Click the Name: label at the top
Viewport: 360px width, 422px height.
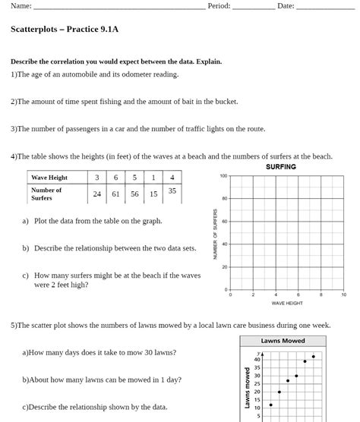click(21, 6)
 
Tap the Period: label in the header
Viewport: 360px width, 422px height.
click(219, 6)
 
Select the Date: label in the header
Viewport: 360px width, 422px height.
click(286, 6)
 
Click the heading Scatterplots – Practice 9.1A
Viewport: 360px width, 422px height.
click(65, 30)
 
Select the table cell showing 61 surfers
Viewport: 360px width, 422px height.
click(115, 194)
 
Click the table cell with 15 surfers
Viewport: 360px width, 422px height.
click(153, 194)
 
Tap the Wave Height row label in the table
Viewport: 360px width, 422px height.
click(49, 178)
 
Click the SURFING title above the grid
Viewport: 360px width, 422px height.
click(281, 167)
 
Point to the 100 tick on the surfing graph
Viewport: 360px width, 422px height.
click(223, 176)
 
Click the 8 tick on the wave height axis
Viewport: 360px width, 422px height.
click(321, 294)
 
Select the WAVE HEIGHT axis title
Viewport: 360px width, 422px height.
click(287, 303)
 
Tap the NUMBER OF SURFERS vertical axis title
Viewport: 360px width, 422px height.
click(216, 233)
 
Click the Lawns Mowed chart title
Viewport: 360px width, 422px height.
click(283, 341)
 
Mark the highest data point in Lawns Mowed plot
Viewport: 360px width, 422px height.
click(313, 356)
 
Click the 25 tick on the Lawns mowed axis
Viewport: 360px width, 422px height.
click(257, 383)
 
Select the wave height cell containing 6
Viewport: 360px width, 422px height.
click(115, 178)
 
